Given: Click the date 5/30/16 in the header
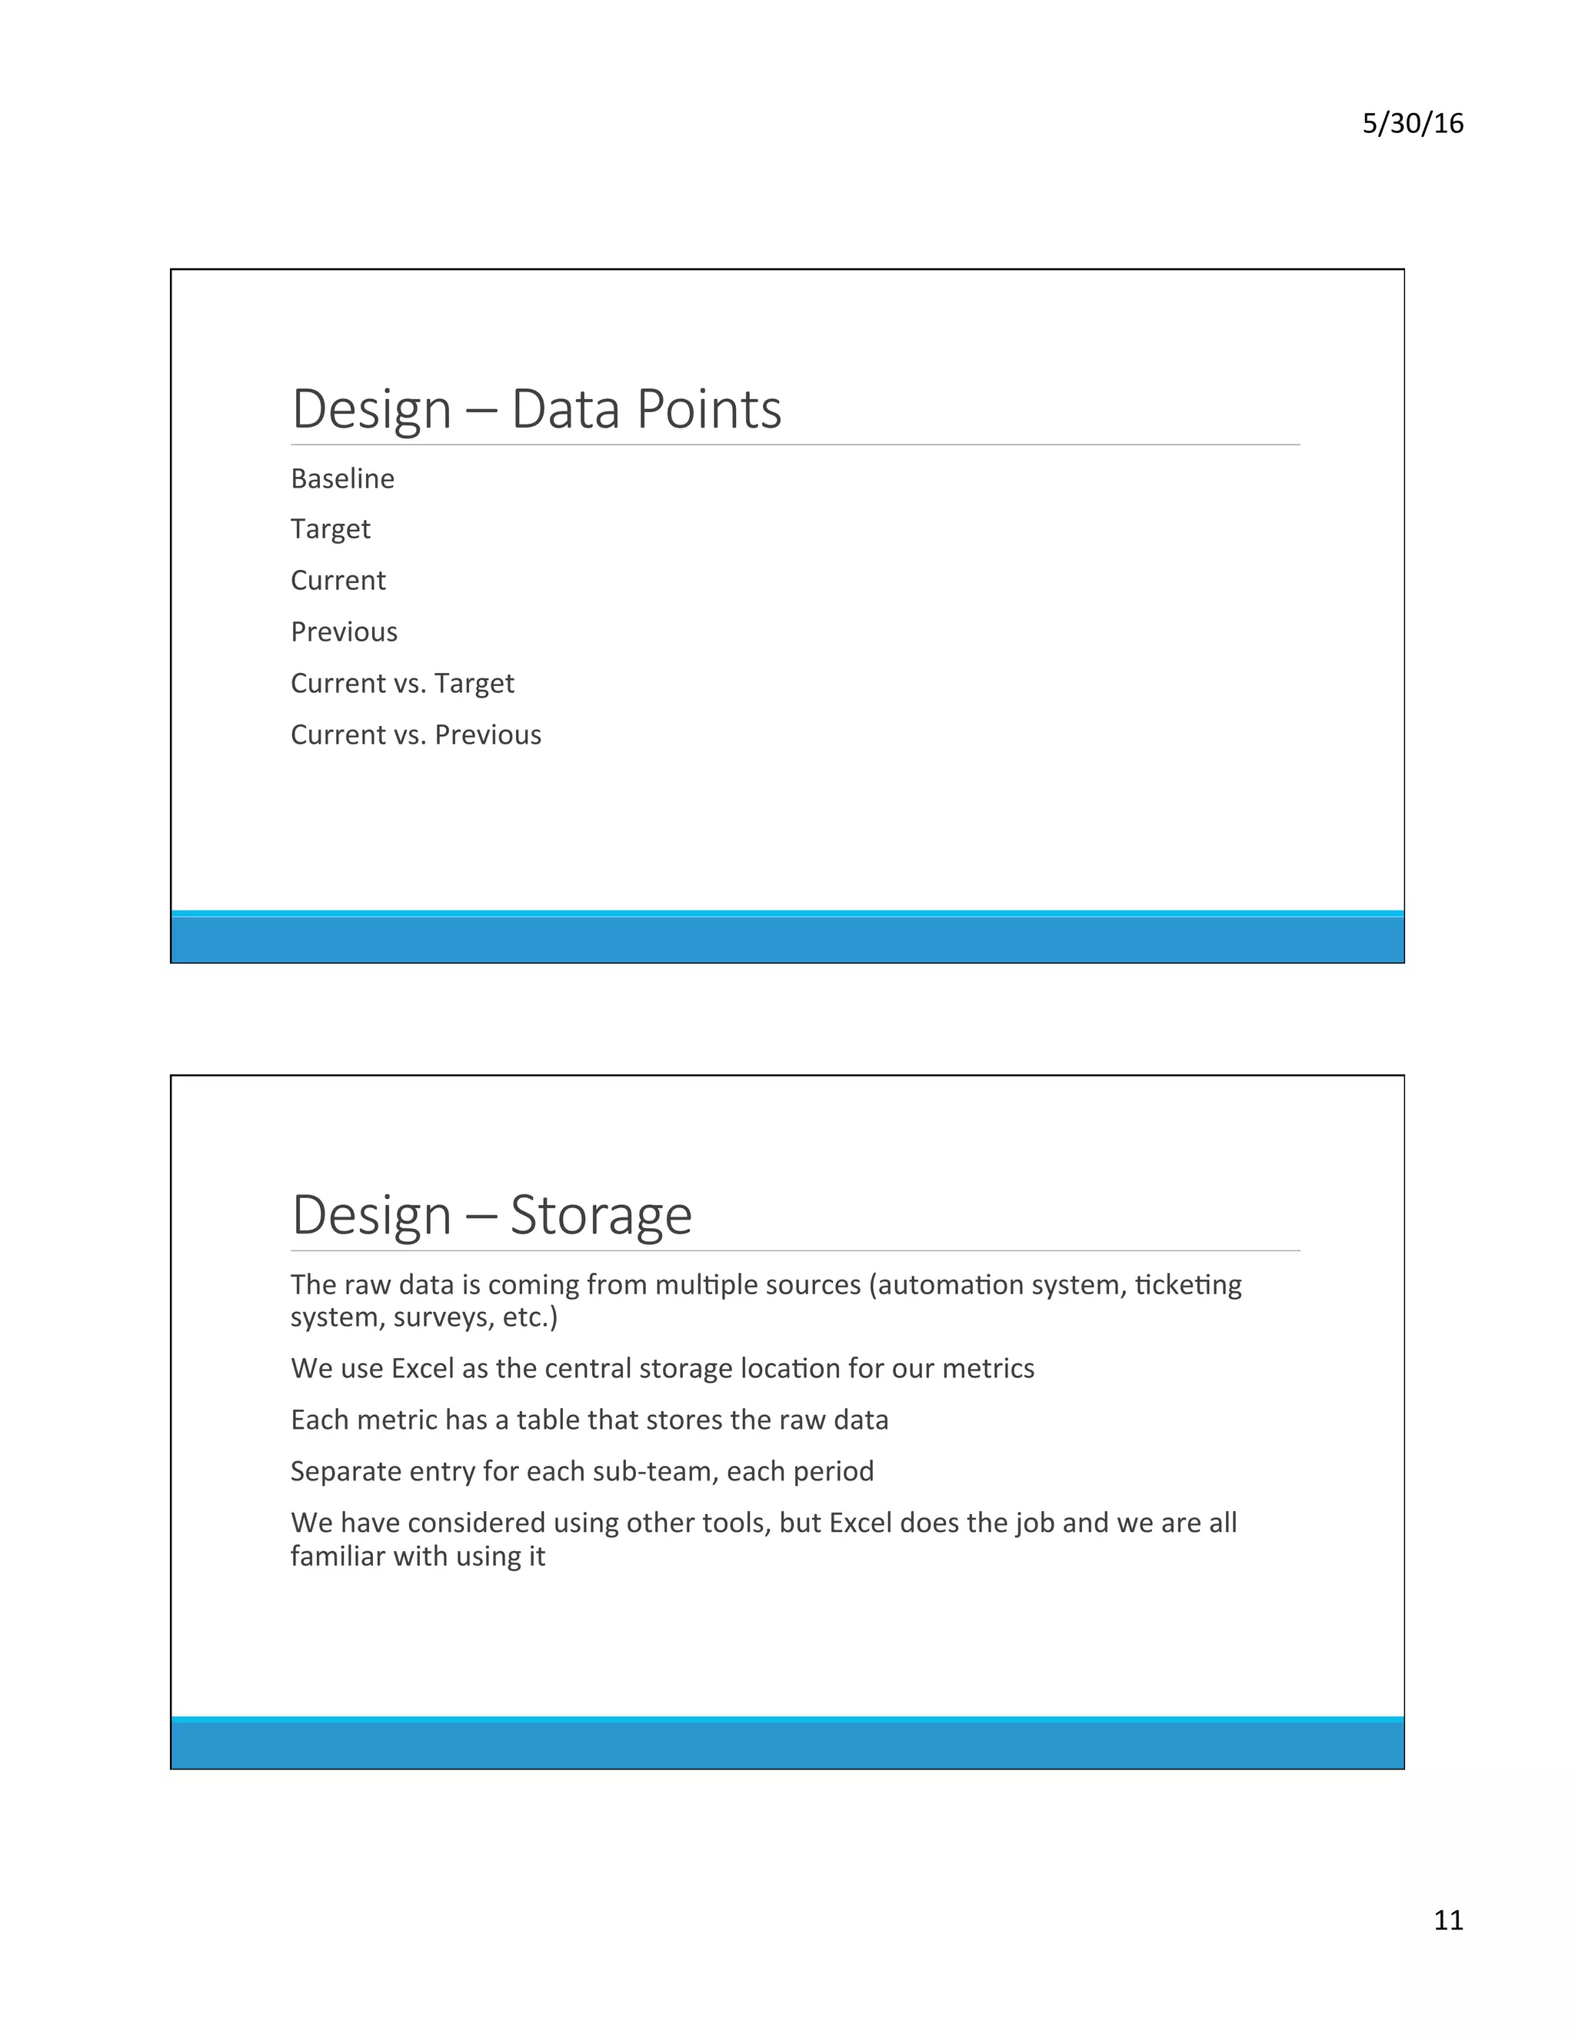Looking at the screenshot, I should (1412, 123).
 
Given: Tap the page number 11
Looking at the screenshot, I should (1448, 1920).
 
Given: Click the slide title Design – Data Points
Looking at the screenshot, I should (537, 408).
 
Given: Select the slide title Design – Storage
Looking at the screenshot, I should (491, 1214).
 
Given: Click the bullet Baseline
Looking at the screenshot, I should (342, 478).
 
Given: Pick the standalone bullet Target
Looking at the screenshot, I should (330, 529).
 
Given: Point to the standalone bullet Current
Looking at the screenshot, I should (338, 581).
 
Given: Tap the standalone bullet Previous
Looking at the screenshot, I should (343, 631).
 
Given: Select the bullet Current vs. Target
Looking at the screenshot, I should (402, 683).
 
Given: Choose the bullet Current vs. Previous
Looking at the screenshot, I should (415, 734).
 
